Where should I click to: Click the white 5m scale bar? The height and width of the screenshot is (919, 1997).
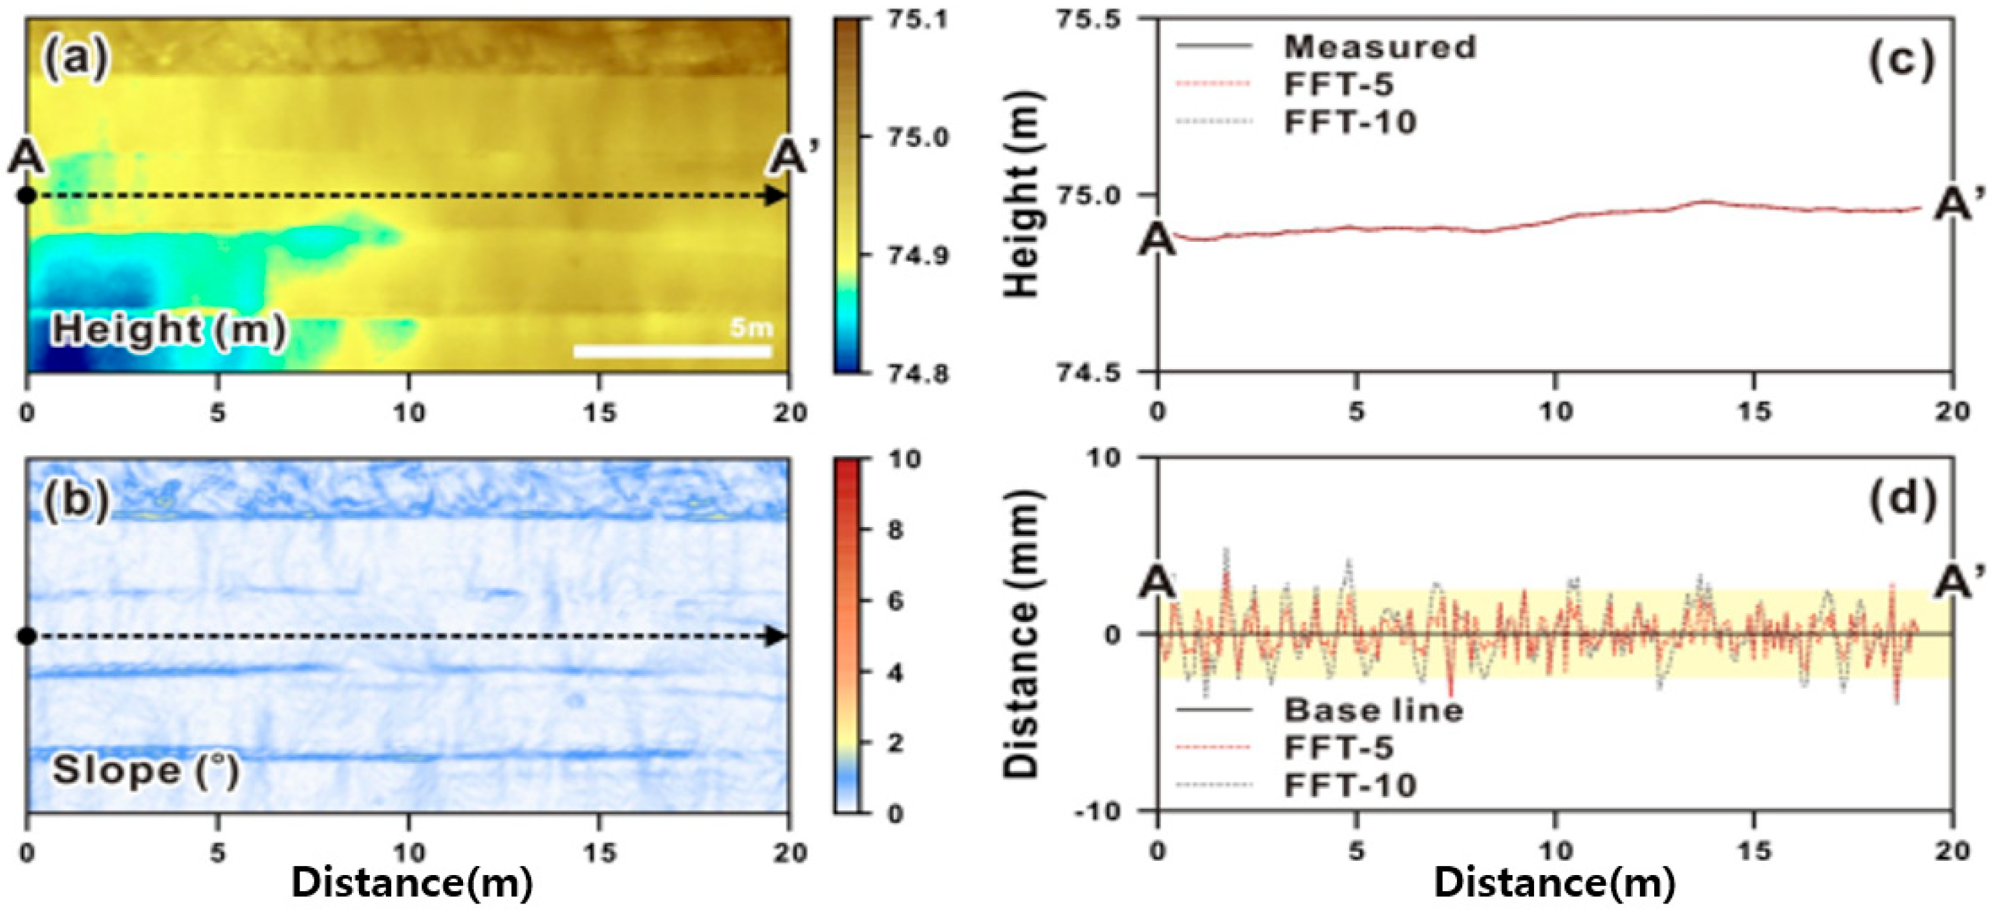tap(672, 351)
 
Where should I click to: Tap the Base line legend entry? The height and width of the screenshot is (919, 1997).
tap(1373, 709)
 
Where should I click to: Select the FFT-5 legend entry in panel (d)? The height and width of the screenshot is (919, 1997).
tap(1338, 748)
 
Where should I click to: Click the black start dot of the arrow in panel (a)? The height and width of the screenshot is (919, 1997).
tap(27, 196)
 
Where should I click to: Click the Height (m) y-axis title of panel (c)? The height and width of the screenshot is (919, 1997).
tap(1022, 194)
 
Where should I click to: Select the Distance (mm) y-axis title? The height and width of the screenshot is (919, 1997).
tap(1022, 634)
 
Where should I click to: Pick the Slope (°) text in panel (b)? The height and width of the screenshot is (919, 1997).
tap(146, 771)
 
